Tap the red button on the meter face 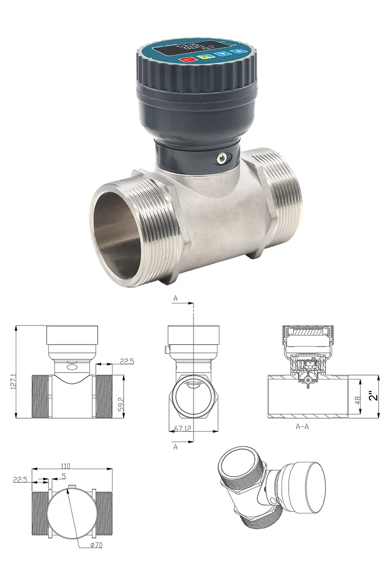[x=187, y=60]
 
